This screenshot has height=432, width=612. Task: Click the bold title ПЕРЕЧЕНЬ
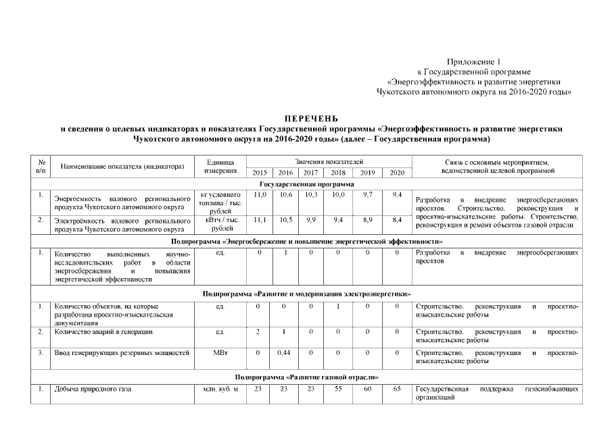(306, 118)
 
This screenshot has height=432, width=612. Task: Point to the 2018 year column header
(338, 173)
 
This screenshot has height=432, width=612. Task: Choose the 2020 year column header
(397, 173)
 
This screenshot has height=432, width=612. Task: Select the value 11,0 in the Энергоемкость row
(259, 194)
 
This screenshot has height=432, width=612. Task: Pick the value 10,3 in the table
(311, 194)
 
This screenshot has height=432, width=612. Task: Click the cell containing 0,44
(284, 352)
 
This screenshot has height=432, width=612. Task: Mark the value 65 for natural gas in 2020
(397, 389)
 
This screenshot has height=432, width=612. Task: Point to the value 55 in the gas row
(338, 389)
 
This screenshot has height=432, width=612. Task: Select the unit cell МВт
(220, 352)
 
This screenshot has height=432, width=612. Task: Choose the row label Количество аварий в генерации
(103, 332)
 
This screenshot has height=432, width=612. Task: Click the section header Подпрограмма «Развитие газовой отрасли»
(306, 376)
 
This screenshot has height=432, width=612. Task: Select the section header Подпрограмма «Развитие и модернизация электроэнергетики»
(306, 294)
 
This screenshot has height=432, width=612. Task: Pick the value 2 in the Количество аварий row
(258, 332)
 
